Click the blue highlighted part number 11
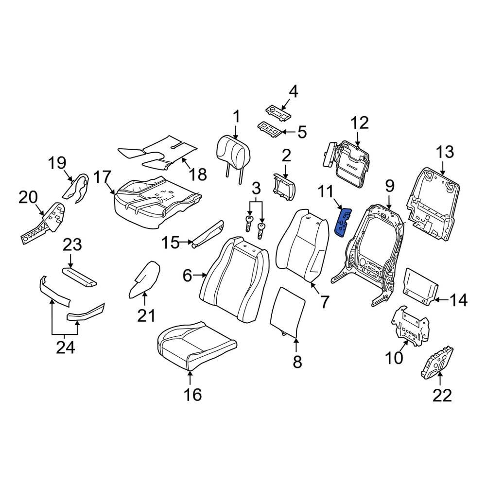pyautogui.click(x=343, y=223)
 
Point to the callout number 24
pyautogui.click(x=65, y=347)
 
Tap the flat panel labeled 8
pyautogui.click(x=288, y=311)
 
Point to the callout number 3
pyautogui.click(x=256, y=188)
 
